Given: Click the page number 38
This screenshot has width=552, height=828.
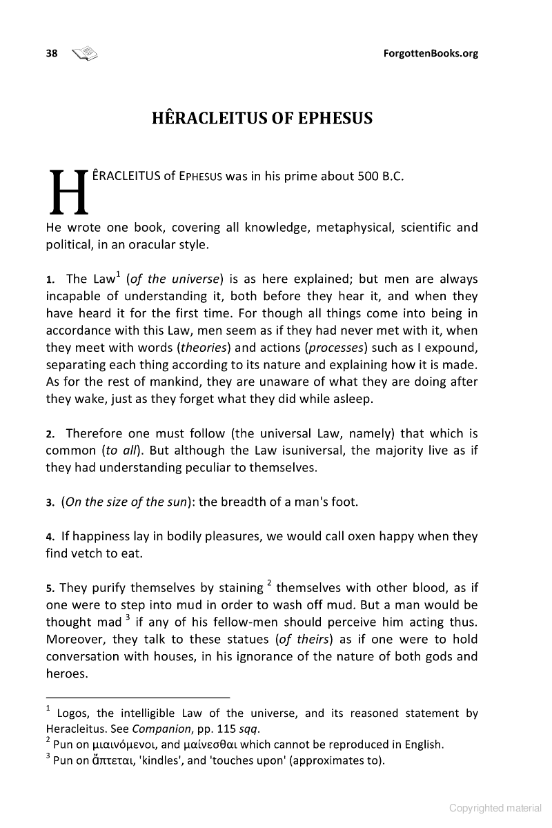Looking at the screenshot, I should (x=52, y=53).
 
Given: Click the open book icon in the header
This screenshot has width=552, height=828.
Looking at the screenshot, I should (x=85, y=53).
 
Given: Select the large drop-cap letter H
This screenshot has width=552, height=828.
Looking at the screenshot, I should (x=68, y=191).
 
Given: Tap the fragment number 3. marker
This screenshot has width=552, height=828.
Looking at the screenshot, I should (x=50, y=502).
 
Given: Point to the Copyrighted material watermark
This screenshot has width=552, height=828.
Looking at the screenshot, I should (x=495, y=807).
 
